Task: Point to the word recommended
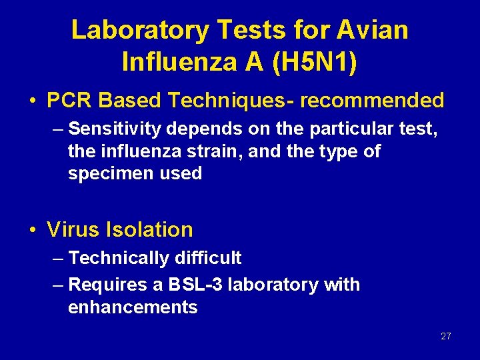tap(372, 100)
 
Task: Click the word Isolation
tap(149, 230)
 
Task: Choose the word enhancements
tap(133, 307)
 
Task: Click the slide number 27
tap(446, 337)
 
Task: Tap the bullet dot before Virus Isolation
tap(32, 231)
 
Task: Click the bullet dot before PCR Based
tap(32, 101)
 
